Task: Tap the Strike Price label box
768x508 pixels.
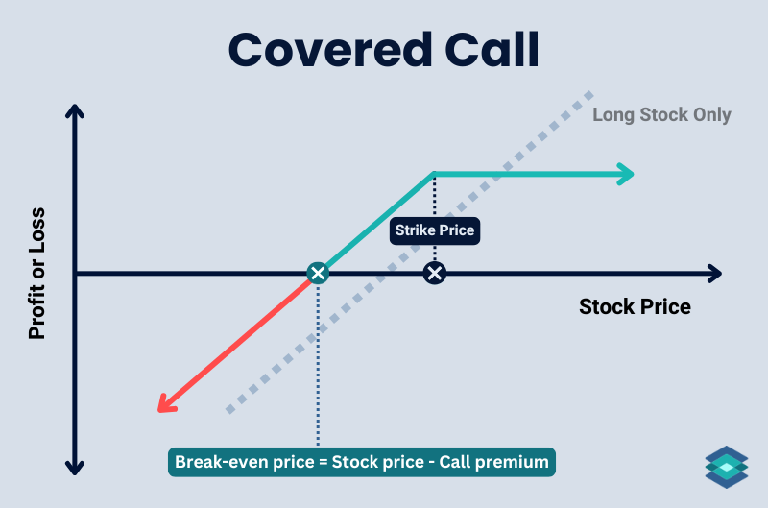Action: click(x=434, y=230)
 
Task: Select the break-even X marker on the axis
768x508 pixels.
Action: click(x=318, y=274)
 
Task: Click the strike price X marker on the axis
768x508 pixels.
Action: click(x=435, y=274)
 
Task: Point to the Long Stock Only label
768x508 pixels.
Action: click(x=661, y=115)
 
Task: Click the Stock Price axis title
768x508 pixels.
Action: click(x=635, y=307)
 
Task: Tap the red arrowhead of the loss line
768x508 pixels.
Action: click(x=166, y=402)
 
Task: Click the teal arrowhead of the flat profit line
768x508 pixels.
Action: click(x=625, y=174)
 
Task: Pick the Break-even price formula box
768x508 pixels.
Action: click(x=362, y=462)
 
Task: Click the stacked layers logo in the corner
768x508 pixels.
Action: click(x=726, y=467)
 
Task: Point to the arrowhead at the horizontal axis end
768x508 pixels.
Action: click(x=712, y=274)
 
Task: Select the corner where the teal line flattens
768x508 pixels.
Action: click(x=434, y=174)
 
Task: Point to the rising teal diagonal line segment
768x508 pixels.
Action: click(x=376, y=223)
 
